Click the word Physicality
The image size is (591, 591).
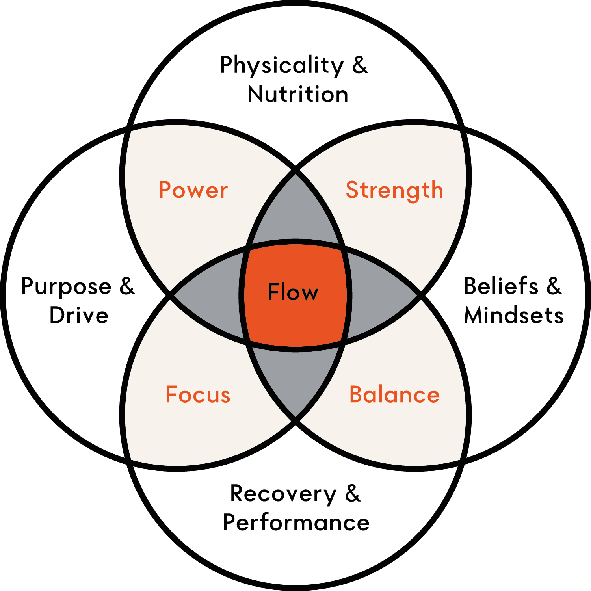282,66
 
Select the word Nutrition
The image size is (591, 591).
298,95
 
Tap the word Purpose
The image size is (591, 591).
66,287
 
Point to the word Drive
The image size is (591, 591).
79,316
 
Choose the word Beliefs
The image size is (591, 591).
501,286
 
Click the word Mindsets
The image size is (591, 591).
514,315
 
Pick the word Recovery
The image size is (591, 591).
283,494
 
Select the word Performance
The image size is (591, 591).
296,523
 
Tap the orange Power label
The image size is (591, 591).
193,190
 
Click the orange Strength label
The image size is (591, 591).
394,190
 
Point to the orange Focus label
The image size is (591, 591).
198,395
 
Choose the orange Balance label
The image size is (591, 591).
394,395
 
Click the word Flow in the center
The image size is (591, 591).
293,292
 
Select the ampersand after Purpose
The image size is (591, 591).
127,286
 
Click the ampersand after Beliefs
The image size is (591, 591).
554,286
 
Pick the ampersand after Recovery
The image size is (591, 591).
353,494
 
